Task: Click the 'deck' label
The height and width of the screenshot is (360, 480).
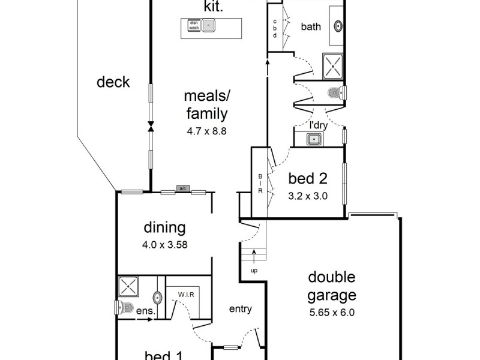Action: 113,82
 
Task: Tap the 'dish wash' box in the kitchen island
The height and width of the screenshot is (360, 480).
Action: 194,26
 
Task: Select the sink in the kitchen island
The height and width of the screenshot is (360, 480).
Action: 208,26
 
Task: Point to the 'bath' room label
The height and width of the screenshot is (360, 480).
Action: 311,26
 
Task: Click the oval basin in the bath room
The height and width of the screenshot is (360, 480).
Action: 338,26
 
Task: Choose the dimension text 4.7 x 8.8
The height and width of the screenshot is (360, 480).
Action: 206,130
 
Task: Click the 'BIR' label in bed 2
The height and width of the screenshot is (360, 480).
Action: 260,184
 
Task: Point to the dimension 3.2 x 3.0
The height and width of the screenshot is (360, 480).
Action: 308,195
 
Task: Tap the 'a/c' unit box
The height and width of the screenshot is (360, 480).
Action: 183,189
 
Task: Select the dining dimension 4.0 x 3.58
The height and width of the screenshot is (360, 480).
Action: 164,244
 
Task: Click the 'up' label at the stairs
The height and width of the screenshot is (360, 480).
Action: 254,271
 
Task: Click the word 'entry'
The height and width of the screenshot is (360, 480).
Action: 240,309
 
